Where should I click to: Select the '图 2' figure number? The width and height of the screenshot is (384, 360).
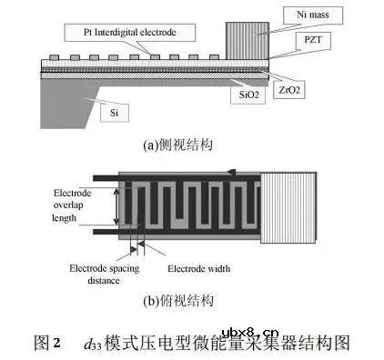[45, 343]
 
